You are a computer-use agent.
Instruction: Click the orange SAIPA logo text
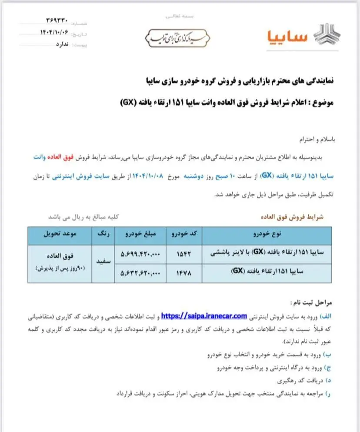tap(287, 37)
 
